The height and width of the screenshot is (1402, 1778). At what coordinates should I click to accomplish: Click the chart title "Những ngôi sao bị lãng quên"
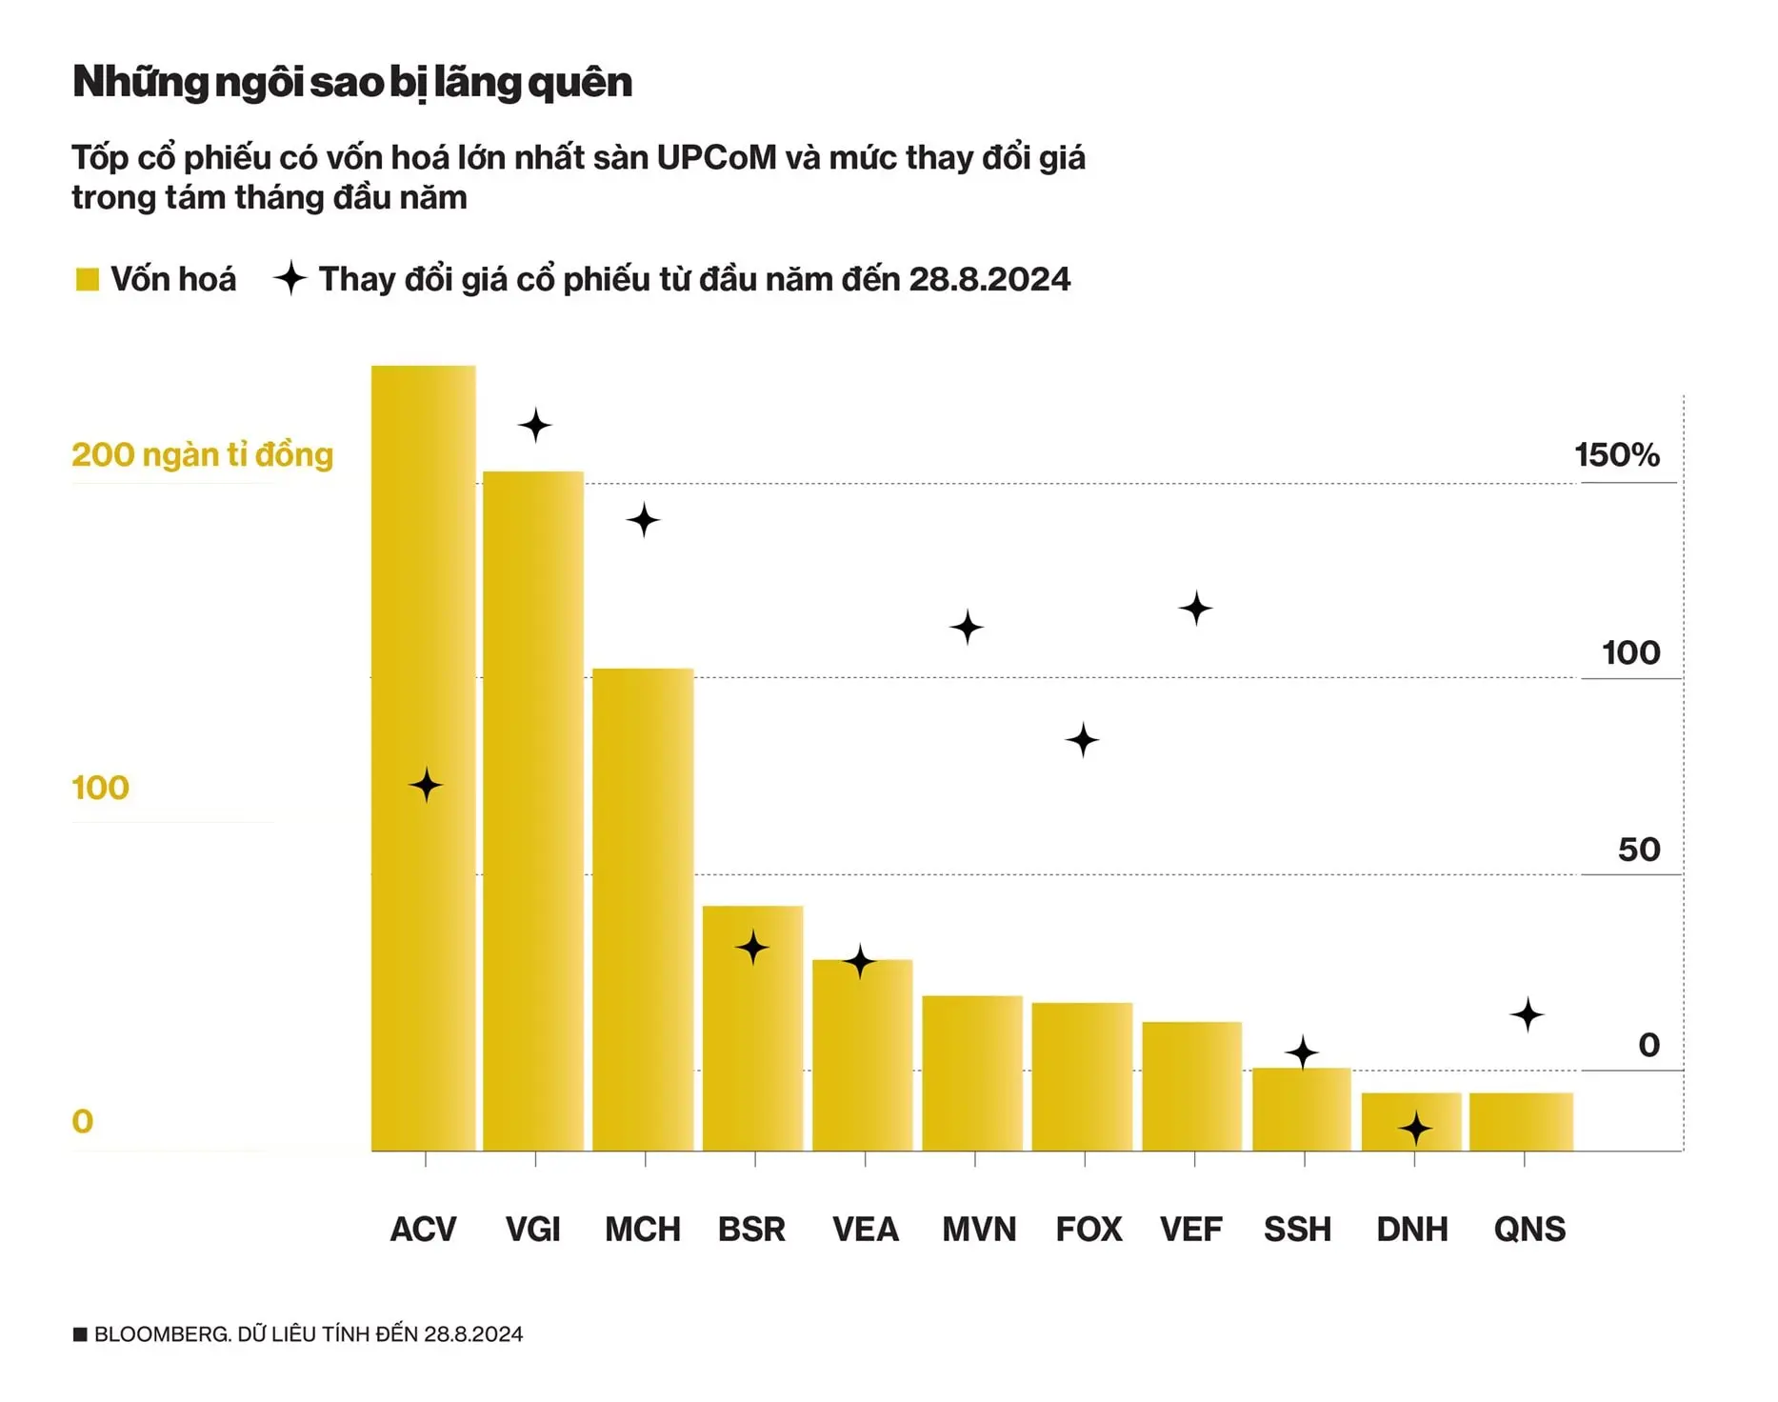[x=351, y=82]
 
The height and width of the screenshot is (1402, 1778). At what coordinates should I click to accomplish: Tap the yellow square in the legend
[x=88, y=279]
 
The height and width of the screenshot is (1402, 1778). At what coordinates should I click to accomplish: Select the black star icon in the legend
[x=290, y=278]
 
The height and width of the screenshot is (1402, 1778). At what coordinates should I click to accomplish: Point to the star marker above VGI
[x=535, y=425]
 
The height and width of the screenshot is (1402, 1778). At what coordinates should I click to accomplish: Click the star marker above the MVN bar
[x=967, y=627]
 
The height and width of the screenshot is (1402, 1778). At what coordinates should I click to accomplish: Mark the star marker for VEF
[x=1195, y=608]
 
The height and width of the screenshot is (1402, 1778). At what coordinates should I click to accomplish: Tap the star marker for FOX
[x=1082, y=739]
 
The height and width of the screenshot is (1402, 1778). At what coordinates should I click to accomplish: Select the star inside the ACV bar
[x=426, y=785]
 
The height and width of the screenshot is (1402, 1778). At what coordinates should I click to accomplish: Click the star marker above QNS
[x=1527, y=1014]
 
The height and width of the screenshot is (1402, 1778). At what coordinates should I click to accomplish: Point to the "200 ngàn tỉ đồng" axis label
[x=202, y=455]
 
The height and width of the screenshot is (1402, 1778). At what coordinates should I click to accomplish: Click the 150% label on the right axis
[x=1616, y=455]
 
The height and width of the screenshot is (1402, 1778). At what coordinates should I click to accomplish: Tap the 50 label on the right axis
[x=1638, y=850]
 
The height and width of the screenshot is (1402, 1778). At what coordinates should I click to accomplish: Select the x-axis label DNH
[x=1411, y=1230]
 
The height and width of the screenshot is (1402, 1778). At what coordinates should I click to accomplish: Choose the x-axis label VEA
[x=865, y=1230]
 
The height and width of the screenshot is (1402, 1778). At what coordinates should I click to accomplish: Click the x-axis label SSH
[x=1297, y=1230]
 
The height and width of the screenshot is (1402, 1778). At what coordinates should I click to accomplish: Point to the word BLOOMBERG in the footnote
[x=161, y=1334]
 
